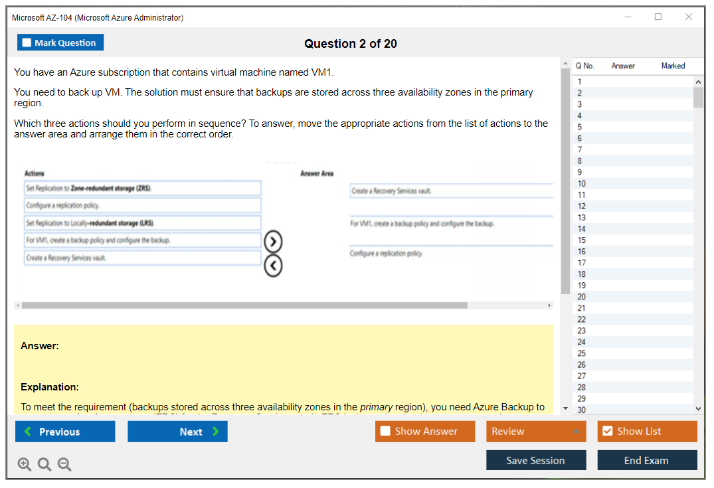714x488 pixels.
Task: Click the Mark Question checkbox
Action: point(27,42)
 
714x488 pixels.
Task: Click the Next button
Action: point(177,432)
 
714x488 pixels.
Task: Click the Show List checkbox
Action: point(607,432)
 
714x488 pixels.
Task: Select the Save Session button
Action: point(535,460)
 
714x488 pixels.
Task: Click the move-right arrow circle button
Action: point(273,241)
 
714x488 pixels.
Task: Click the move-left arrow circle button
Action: point(273,266)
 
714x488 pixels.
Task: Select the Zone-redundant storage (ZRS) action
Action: point(142,189)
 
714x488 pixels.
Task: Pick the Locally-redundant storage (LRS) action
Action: point(142,223)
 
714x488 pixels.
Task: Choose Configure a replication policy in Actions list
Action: point(142,206)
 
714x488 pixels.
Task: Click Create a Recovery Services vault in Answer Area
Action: point(391,191)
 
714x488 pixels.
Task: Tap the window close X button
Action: point(689,17)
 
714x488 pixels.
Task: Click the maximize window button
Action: point(658,17)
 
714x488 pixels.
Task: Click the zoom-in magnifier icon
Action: point(25,465)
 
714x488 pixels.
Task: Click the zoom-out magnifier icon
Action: point(64,465)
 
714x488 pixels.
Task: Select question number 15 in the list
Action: point(582,240)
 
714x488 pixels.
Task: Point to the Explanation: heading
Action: point(50,387)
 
